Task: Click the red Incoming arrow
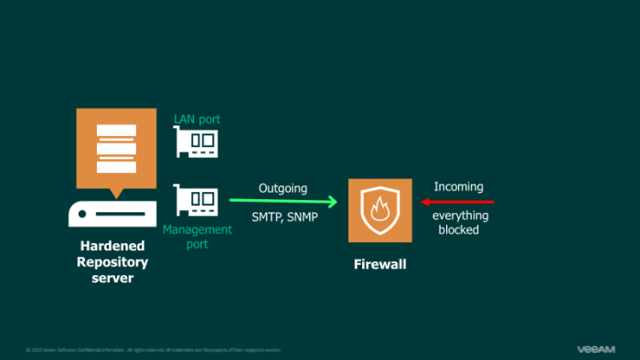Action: click(x=457, y=201)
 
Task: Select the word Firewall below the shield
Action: click(x=380, y=265)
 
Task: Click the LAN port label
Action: click(x=197, y=120)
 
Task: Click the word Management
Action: click(x=197, y=230)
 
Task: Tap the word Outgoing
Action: click(x=283, y=188)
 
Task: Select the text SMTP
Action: click(x=267, y=217)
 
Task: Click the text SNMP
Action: click(x=302, y=217)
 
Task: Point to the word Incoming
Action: click(x=458, y=186)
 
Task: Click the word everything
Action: click(x=460, y=216)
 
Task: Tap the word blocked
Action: click(x=459, y=230)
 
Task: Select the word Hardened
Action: click(x=113, y=247)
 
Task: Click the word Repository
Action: click(x=113, y=262)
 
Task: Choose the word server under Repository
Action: click(x=113, y=278)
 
